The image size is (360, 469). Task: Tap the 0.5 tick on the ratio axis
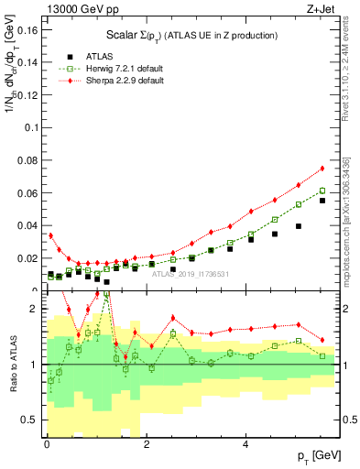[29, 420]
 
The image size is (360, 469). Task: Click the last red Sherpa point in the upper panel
[322, 169]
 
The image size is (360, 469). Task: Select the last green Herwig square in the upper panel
[322, 191]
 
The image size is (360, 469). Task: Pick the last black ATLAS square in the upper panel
[322, 201]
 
